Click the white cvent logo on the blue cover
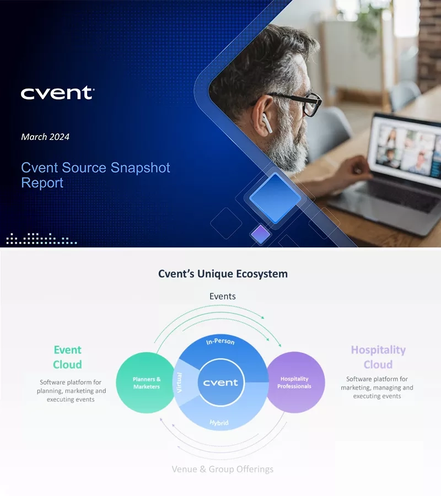tap(57, 93)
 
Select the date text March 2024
tap(45, 137)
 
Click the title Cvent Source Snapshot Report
tap(95, 175)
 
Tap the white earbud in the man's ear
tap(267, 123)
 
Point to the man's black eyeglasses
tap(300, 103)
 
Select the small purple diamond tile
tap(261, 234)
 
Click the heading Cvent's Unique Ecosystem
tap(223, 273)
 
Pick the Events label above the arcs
tap(222, 296)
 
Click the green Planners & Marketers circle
tap(147, 382)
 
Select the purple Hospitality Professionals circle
tap(295, 382)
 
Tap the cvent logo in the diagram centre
tap(220, 382)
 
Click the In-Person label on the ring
tap(220, 342)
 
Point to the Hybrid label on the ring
tap(219, 423)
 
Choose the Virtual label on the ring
tap(179, 383)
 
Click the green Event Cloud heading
tap(67, 357)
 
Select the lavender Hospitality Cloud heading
tap(378, 357)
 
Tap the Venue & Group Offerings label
tap(222, 470)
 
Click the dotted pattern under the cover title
tap(41, 239)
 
